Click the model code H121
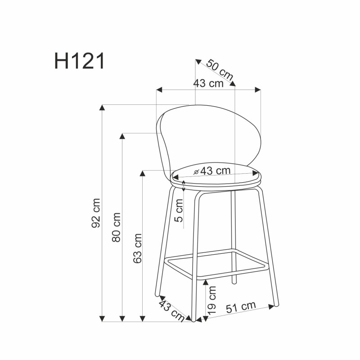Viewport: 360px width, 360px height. click(80, 62)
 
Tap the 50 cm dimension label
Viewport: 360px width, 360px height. click(219, 70)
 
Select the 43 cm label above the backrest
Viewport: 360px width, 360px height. click(208, 83)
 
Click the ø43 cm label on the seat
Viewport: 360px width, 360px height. click(211, 171)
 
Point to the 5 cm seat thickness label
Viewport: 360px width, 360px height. click(179, 214)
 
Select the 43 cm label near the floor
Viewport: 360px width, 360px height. click(171, 310)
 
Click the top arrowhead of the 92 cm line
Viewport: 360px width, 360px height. click(103, 108)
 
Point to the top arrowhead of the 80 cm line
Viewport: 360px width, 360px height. click(122, 135)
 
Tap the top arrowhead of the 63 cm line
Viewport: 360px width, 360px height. click(143, 173)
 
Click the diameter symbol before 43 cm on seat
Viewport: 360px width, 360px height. click(196, 172)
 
